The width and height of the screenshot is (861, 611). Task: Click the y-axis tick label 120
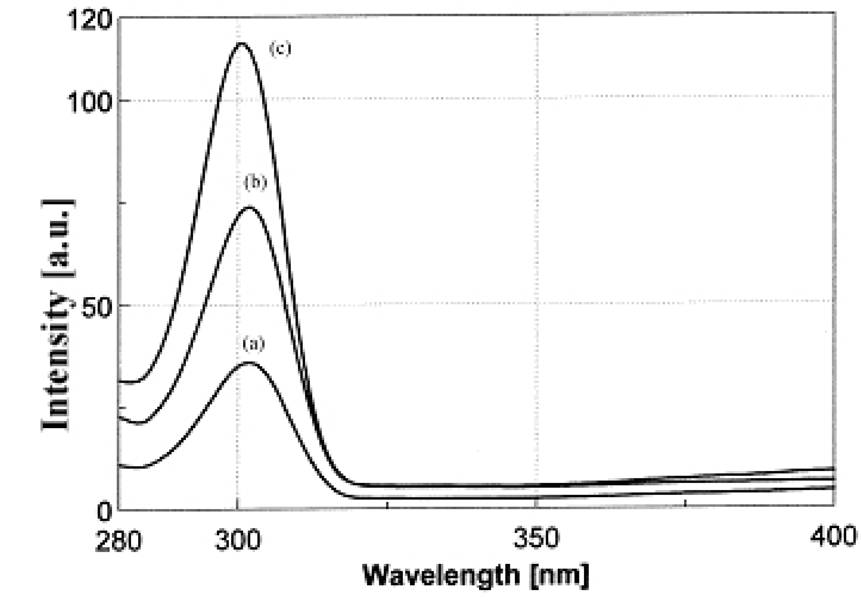coord(90,19)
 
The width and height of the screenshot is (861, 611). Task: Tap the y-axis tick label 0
coord(104,512)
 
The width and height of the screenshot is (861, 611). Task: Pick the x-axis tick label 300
coord(238,540)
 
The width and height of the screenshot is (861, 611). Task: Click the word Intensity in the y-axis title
coord(56,361)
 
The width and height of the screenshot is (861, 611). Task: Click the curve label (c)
coord(280,49)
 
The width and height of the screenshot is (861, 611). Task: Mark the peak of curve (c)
coord(241,43)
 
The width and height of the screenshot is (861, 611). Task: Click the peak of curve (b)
coord(249,207)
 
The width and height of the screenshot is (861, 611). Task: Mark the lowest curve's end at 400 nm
coord(834,488)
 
